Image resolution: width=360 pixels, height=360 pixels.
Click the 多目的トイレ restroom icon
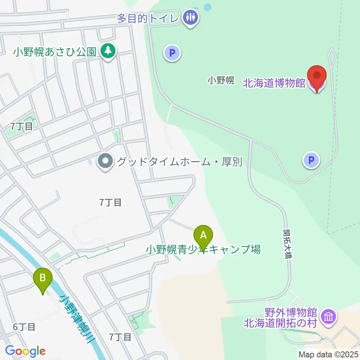pyautogui.click(x=191, y=17)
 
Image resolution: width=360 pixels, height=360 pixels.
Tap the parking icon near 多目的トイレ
pyautogui.click(x=172, y=53)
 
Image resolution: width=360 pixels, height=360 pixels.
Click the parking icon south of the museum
pyautogui.click(x=311, y=161)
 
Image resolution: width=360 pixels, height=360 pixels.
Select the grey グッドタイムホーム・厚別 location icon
pyautogui.click(x=105, y=162)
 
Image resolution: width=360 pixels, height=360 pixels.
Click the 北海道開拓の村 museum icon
pyautogui.click(x=329, y=317)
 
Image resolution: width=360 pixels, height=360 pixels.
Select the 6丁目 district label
pyautogui.click(x=24, y=327)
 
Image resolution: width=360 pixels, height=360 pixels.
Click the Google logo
pyautogui.click(x=25, y=351)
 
